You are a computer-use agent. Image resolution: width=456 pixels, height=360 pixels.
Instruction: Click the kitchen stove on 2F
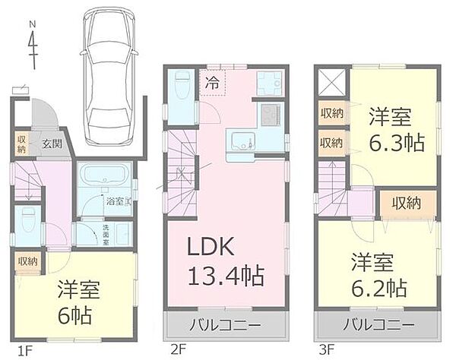point(270,115)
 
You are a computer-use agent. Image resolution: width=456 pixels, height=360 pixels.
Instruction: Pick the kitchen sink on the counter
point(242,141)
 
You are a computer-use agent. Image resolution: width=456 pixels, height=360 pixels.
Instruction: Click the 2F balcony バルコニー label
point(226,326)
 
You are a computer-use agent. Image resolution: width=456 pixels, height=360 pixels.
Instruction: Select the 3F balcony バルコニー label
point(377,326)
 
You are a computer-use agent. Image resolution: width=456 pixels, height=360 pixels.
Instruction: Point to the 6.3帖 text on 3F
point(396,142)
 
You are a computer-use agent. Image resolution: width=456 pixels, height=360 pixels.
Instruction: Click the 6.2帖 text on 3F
point(378,288)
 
